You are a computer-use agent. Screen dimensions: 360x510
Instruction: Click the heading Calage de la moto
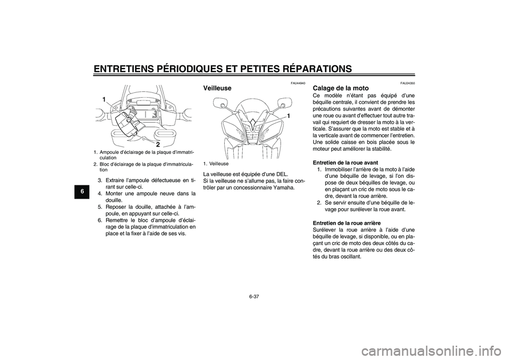(341, 88)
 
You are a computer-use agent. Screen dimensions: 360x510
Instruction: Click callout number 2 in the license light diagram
(158, 144)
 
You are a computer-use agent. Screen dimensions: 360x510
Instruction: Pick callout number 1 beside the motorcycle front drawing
(287, 115)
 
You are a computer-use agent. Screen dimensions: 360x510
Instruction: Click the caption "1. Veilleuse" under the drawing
(216, 164)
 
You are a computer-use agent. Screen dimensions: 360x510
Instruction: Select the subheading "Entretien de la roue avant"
(345, 162)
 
